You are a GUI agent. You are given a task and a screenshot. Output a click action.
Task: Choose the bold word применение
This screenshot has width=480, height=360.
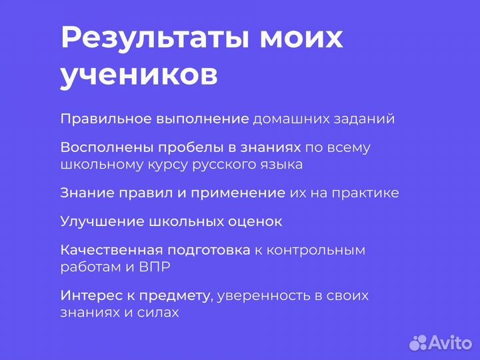click(x=238, y=193)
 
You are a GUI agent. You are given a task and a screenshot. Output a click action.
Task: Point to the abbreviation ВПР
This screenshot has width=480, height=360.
click(x=156, y=267)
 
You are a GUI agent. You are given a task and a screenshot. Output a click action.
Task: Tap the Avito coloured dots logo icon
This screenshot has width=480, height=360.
click(x=418, y=342)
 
